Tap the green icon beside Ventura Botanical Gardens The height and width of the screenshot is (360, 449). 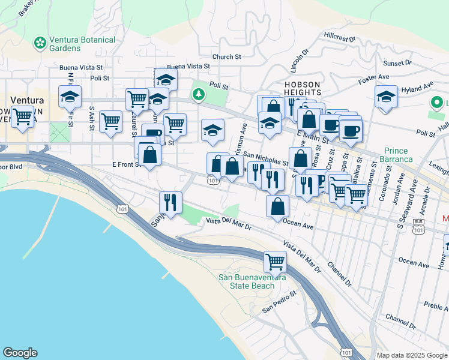click(x=40, y=43)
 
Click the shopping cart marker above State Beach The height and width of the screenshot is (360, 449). click(x=275, y=261)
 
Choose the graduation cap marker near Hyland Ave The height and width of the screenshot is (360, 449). click(x=386, y=97)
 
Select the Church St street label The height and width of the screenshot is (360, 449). click(x=230, y=57)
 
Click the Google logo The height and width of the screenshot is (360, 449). click(x=20, y=353)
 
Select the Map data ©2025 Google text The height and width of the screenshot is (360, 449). click(x=412, y=355)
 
